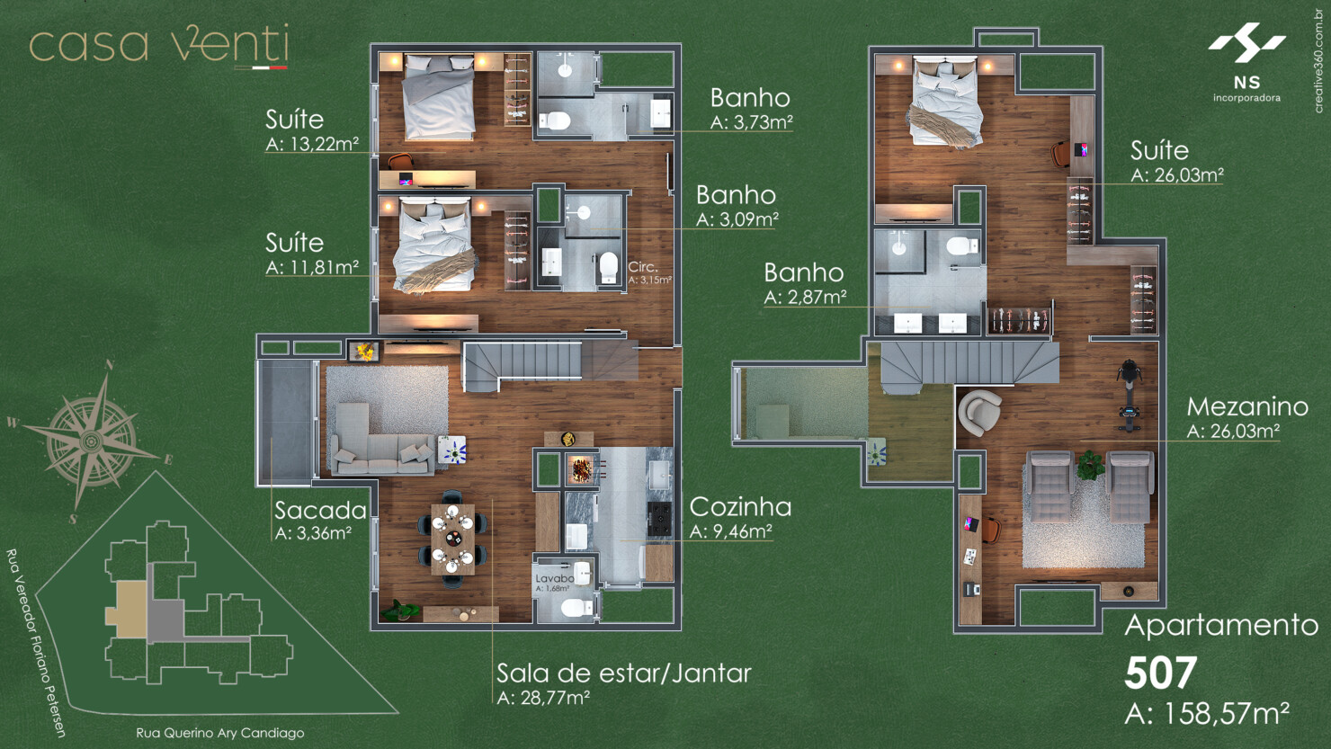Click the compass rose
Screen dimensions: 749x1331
point(91,441)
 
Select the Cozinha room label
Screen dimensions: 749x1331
point(740,507)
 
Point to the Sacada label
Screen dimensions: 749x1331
point(320,511)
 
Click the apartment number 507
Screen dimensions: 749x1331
point(1160,673)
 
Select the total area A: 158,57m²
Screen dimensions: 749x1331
point(1207,714)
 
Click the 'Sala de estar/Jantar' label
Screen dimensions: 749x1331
point(624,673)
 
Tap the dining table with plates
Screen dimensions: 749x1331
point(452,538)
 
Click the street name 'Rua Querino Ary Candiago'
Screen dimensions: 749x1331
point(219,733)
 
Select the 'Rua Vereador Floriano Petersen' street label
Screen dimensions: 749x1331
point(36,642)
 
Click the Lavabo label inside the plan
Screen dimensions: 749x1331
point(554,578)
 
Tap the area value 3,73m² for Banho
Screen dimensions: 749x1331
point(752,123)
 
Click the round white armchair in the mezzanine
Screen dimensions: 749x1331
point(978,413)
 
